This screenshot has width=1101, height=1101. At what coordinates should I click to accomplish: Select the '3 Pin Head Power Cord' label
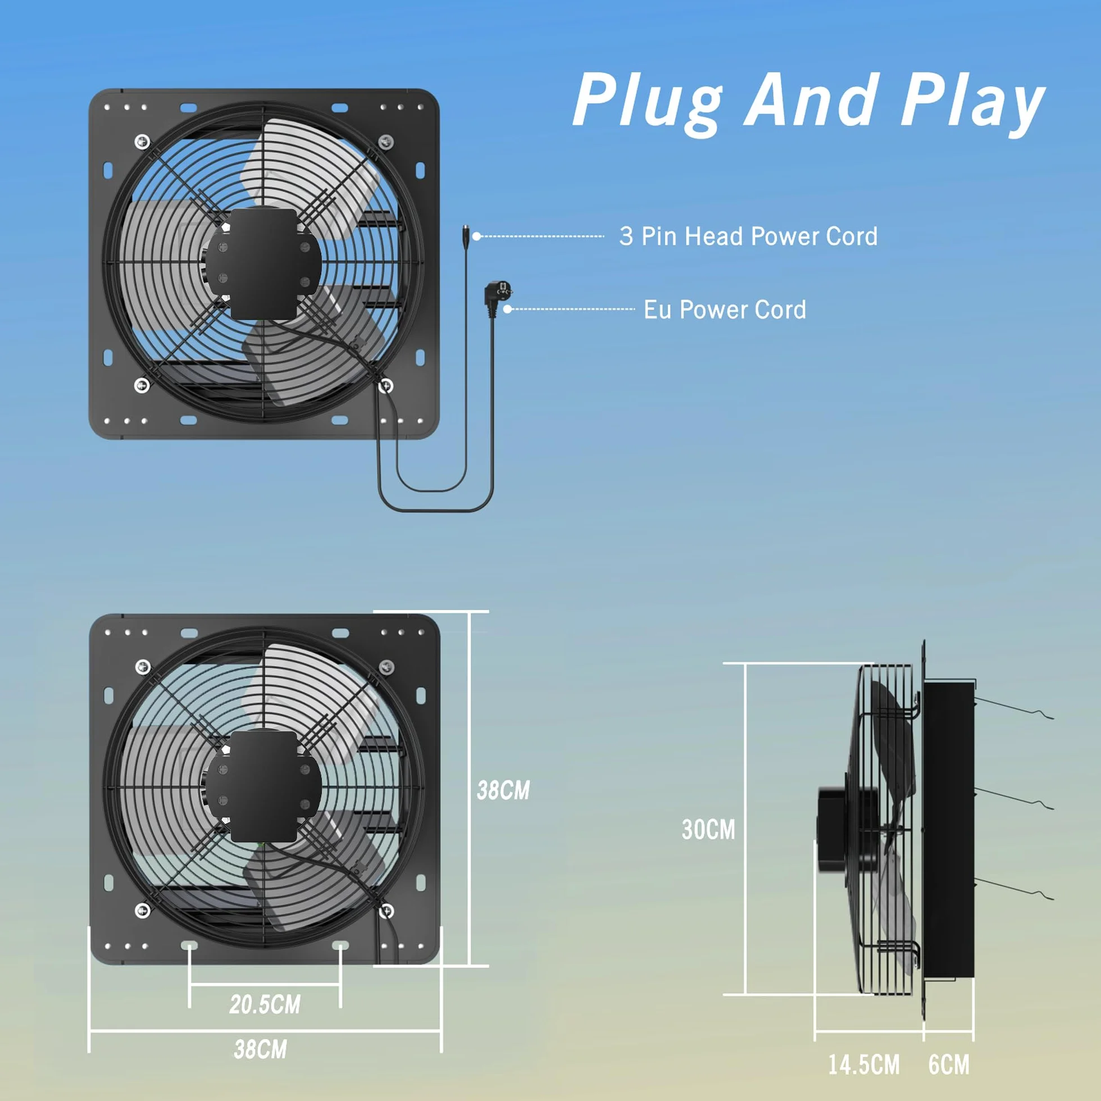coord(748,236)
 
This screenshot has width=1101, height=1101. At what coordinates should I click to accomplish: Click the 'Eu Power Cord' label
coord(725,310)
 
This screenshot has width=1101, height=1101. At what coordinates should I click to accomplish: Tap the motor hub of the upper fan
coord(263,263)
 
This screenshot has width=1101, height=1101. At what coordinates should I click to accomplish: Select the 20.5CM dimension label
coord(265,1005)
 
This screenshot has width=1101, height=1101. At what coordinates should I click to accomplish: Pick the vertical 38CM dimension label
coord(503,790)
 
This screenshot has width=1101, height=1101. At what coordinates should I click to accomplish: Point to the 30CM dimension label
coord(708,830)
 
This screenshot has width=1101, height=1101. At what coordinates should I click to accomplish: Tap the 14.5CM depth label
coord(864,1065)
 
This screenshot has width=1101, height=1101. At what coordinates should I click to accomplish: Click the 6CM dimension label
coord(949,1065)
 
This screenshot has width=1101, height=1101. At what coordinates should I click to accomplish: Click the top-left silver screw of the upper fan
coord(143,141)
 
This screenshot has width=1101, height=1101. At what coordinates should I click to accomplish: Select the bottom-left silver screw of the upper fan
coord(142,385)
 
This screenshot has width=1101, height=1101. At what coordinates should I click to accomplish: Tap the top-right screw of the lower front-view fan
coord(387,666)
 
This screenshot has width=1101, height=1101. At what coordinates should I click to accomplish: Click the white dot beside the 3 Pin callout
coord(476,236)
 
